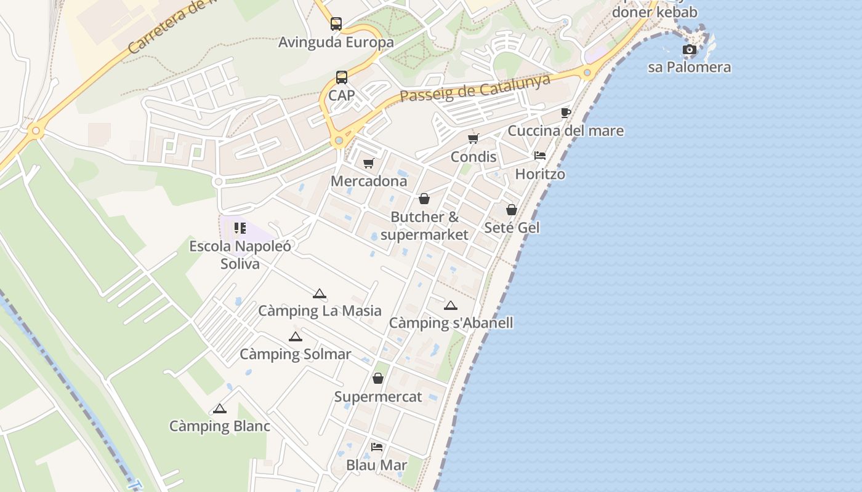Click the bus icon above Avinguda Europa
[336, 24]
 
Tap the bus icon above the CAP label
[342, 77]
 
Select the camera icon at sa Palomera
[690, 49]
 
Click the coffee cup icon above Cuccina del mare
[565, 113]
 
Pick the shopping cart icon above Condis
[473, 138]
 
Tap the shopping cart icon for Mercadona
[368, 163]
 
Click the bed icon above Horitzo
[540, 156]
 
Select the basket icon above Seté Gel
[511, 210]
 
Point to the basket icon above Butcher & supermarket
[424, 199]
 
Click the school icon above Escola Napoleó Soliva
[240, 229]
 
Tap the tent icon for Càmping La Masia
[319, 293]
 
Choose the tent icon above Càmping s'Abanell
[451, 306]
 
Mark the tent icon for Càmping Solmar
[296, 336]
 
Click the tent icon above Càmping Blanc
[220, 408]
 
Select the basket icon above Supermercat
[378, 378]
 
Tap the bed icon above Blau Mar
[376, 446]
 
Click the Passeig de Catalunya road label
[475, 88]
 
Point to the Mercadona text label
[369, 181]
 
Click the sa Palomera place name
[689, 67]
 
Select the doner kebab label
[655, 12]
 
